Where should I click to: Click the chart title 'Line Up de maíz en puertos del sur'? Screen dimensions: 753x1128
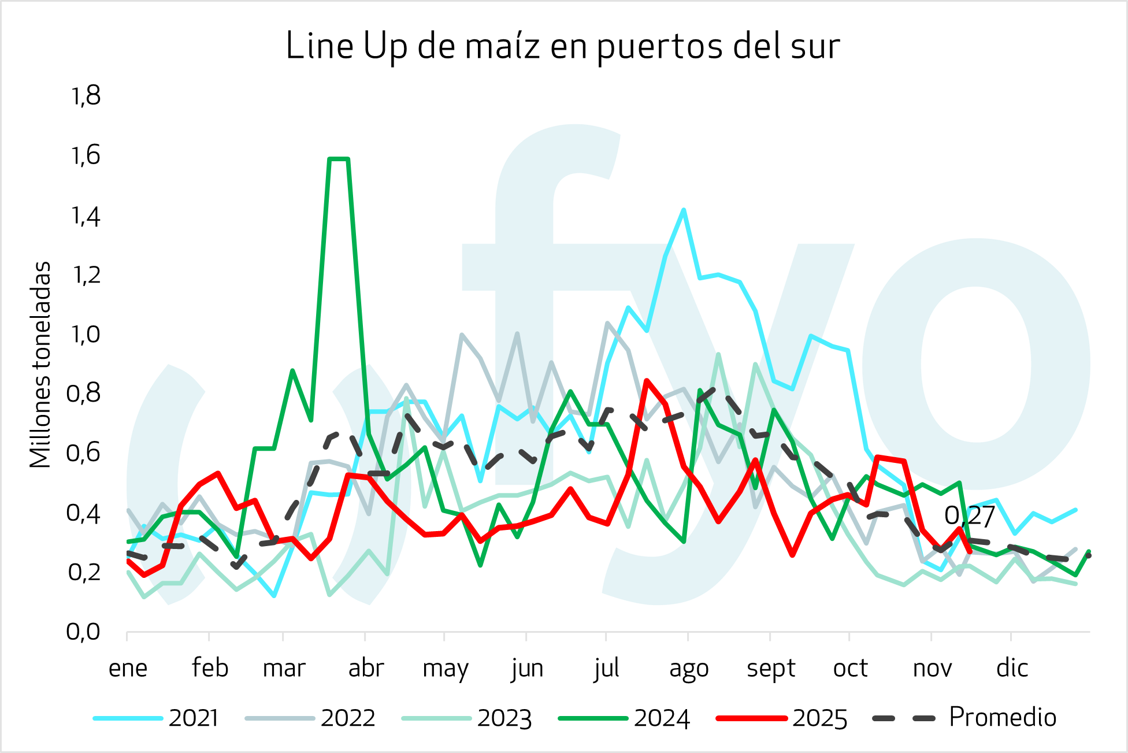click(562, 46)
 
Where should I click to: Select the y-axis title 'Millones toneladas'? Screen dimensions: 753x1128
click(40, 365)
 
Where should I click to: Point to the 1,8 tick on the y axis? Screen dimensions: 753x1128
click(86, 96)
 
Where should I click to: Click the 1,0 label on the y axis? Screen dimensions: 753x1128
click(86, 334)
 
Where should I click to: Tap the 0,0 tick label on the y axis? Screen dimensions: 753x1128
click(84, 632)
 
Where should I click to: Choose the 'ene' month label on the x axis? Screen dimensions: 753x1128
click(128, 669)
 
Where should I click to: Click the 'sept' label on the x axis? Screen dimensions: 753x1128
click(771, 669)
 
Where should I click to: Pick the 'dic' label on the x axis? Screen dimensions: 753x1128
click(1012, 669)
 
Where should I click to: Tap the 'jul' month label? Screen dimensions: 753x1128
click(607, 669)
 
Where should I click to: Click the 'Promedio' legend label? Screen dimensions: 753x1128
click(1002, 717)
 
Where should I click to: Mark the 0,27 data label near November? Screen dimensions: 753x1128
click(970, 516)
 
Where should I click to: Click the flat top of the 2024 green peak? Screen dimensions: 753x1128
click(339, 159)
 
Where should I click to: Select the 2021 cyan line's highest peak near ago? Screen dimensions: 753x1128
click(684, 210)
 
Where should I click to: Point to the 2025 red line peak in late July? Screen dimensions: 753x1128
click(647, 381)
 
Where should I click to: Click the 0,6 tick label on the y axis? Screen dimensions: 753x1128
click(84, 453)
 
